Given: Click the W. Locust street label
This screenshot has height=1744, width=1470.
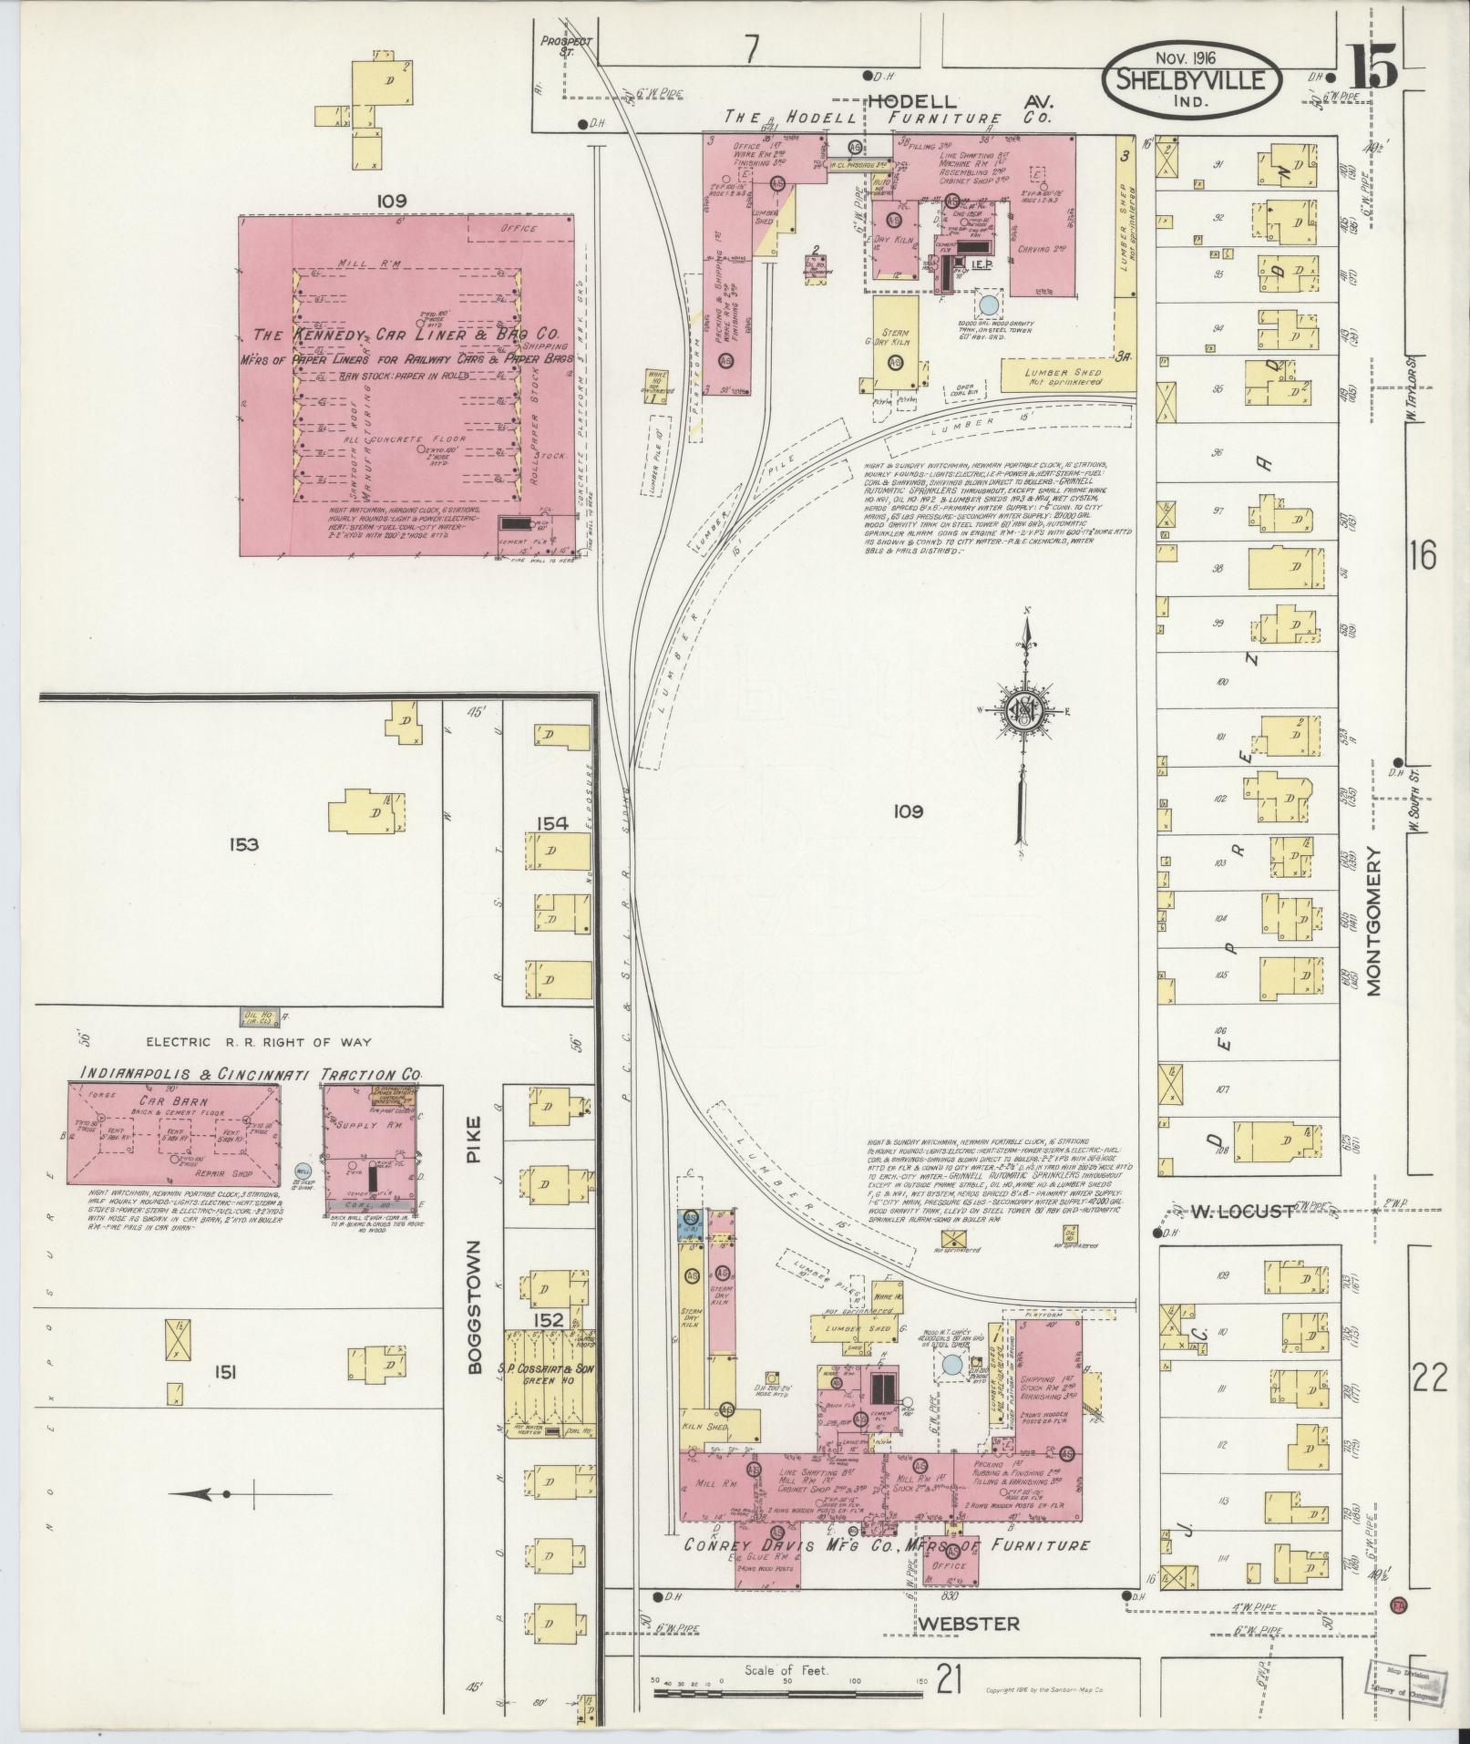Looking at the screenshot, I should tap(1241, 1212).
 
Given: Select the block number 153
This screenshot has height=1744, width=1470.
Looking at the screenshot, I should tap(244, 844).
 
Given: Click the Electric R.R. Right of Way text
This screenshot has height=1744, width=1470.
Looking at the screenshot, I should tap(259, 1041).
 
